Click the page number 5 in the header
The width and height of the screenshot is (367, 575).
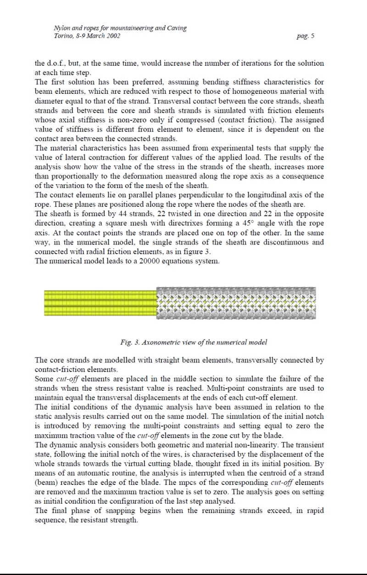click(312, 36)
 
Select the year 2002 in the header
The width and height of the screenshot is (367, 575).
click(112, 36)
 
